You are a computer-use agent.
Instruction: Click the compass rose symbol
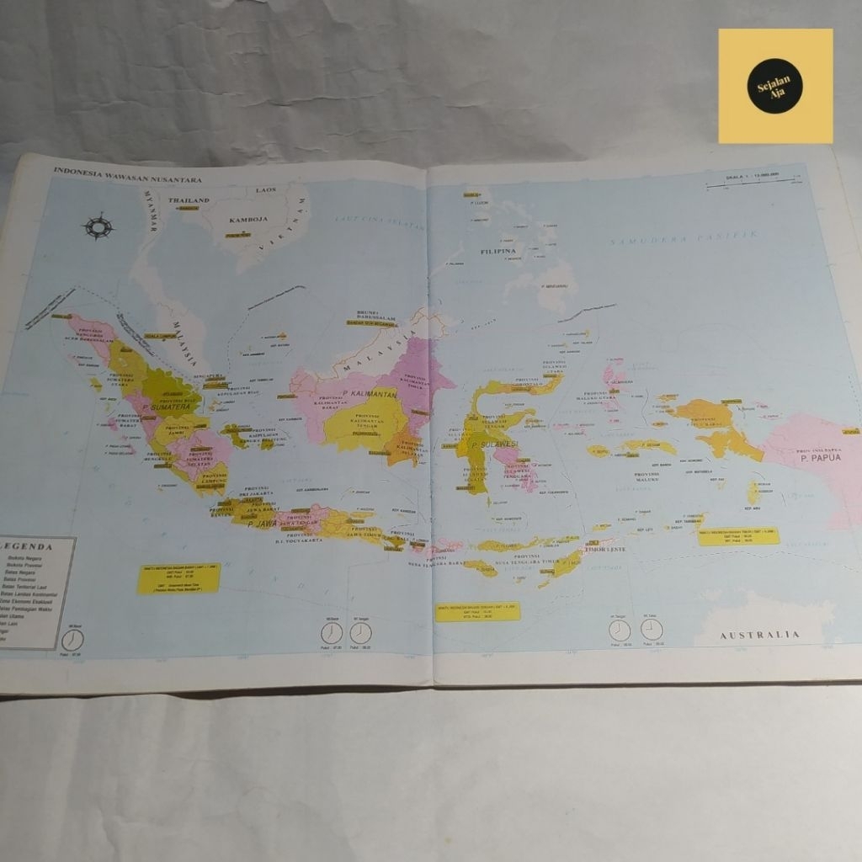98,226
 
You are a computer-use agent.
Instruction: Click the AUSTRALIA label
759,635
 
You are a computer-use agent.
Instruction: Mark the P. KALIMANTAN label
370,393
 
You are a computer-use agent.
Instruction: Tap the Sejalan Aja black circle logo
774,86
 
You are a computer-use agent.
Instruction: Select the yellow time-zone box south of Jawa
178,577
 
